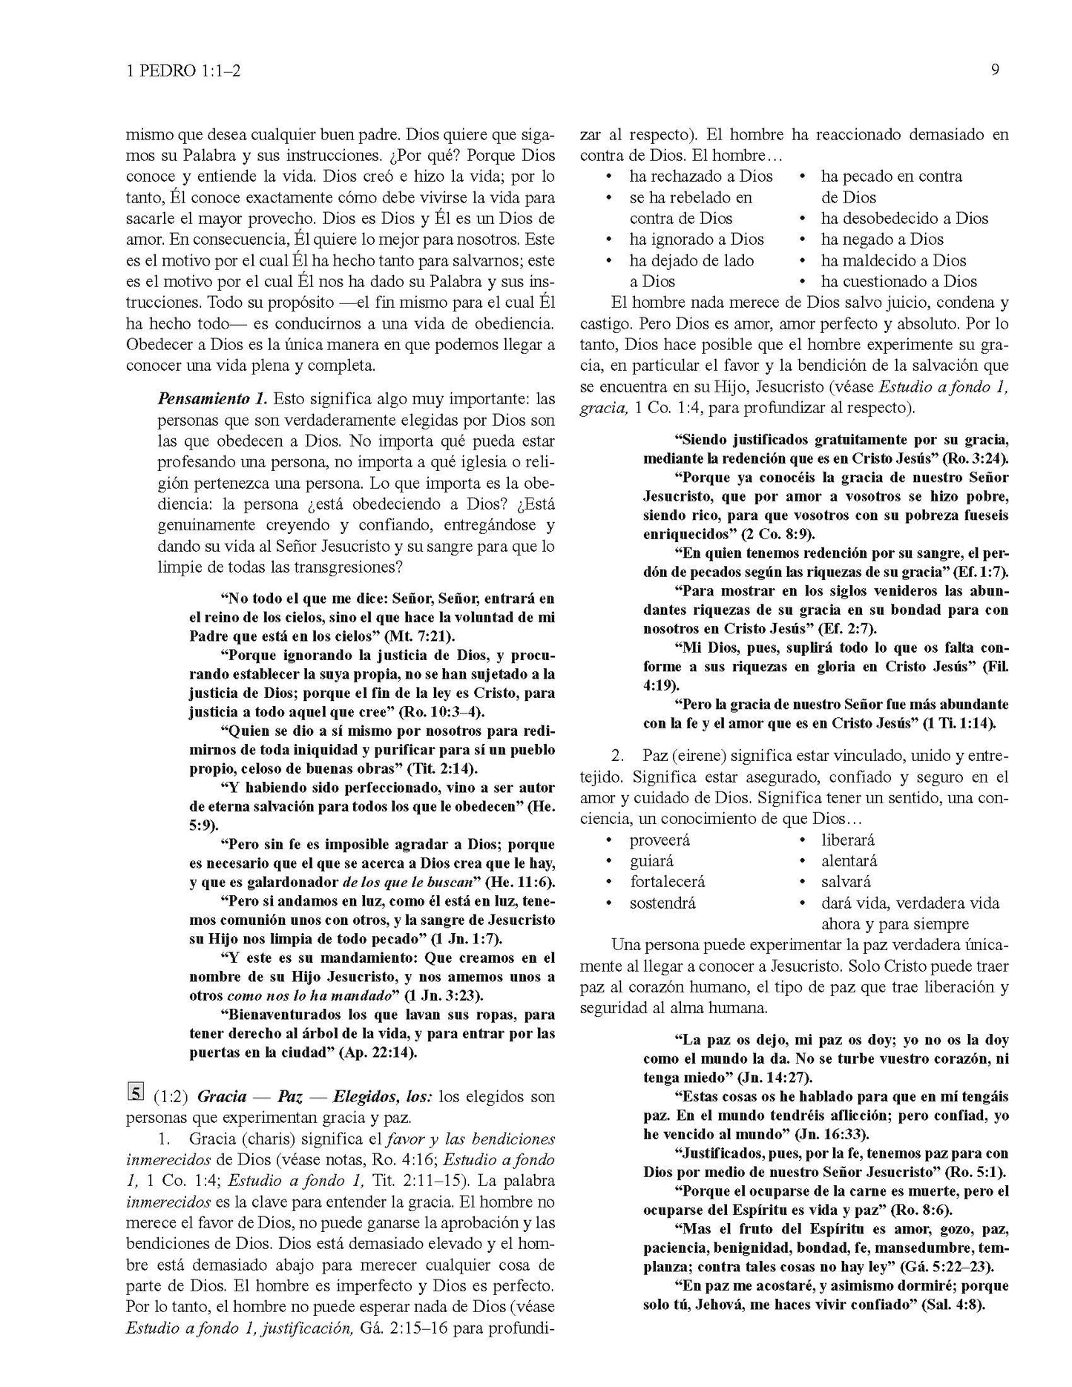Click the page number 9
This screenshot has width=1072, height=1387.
coord(995,70)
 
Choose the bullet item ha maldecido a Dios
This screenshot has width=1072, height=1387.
coord(892,260)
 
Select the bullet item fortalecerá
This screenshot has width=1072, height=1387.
coord(667,882)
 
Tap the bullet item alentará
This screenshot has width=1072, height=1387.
coord(849,861)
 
